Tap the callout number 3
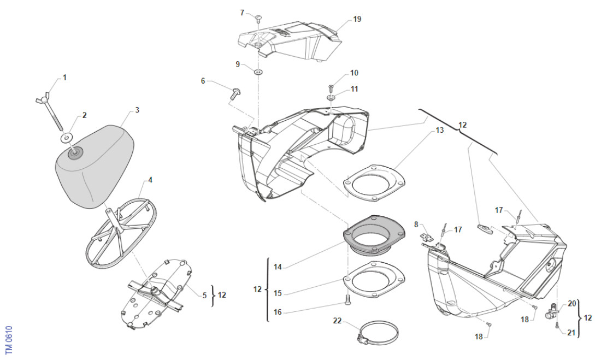pos(137,110)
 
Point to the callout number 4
pos(150,180)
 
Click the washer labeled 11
pos(332,98)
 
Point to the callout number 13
pos(440,131)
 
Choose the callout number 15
pos(278,293)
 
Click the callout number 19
pos(357,20)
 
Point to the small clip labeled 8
pos(426,237)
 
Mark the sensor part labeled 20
pos(552,311)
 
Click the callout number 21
pos(572,333)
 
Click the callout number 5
pos(205,295)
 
